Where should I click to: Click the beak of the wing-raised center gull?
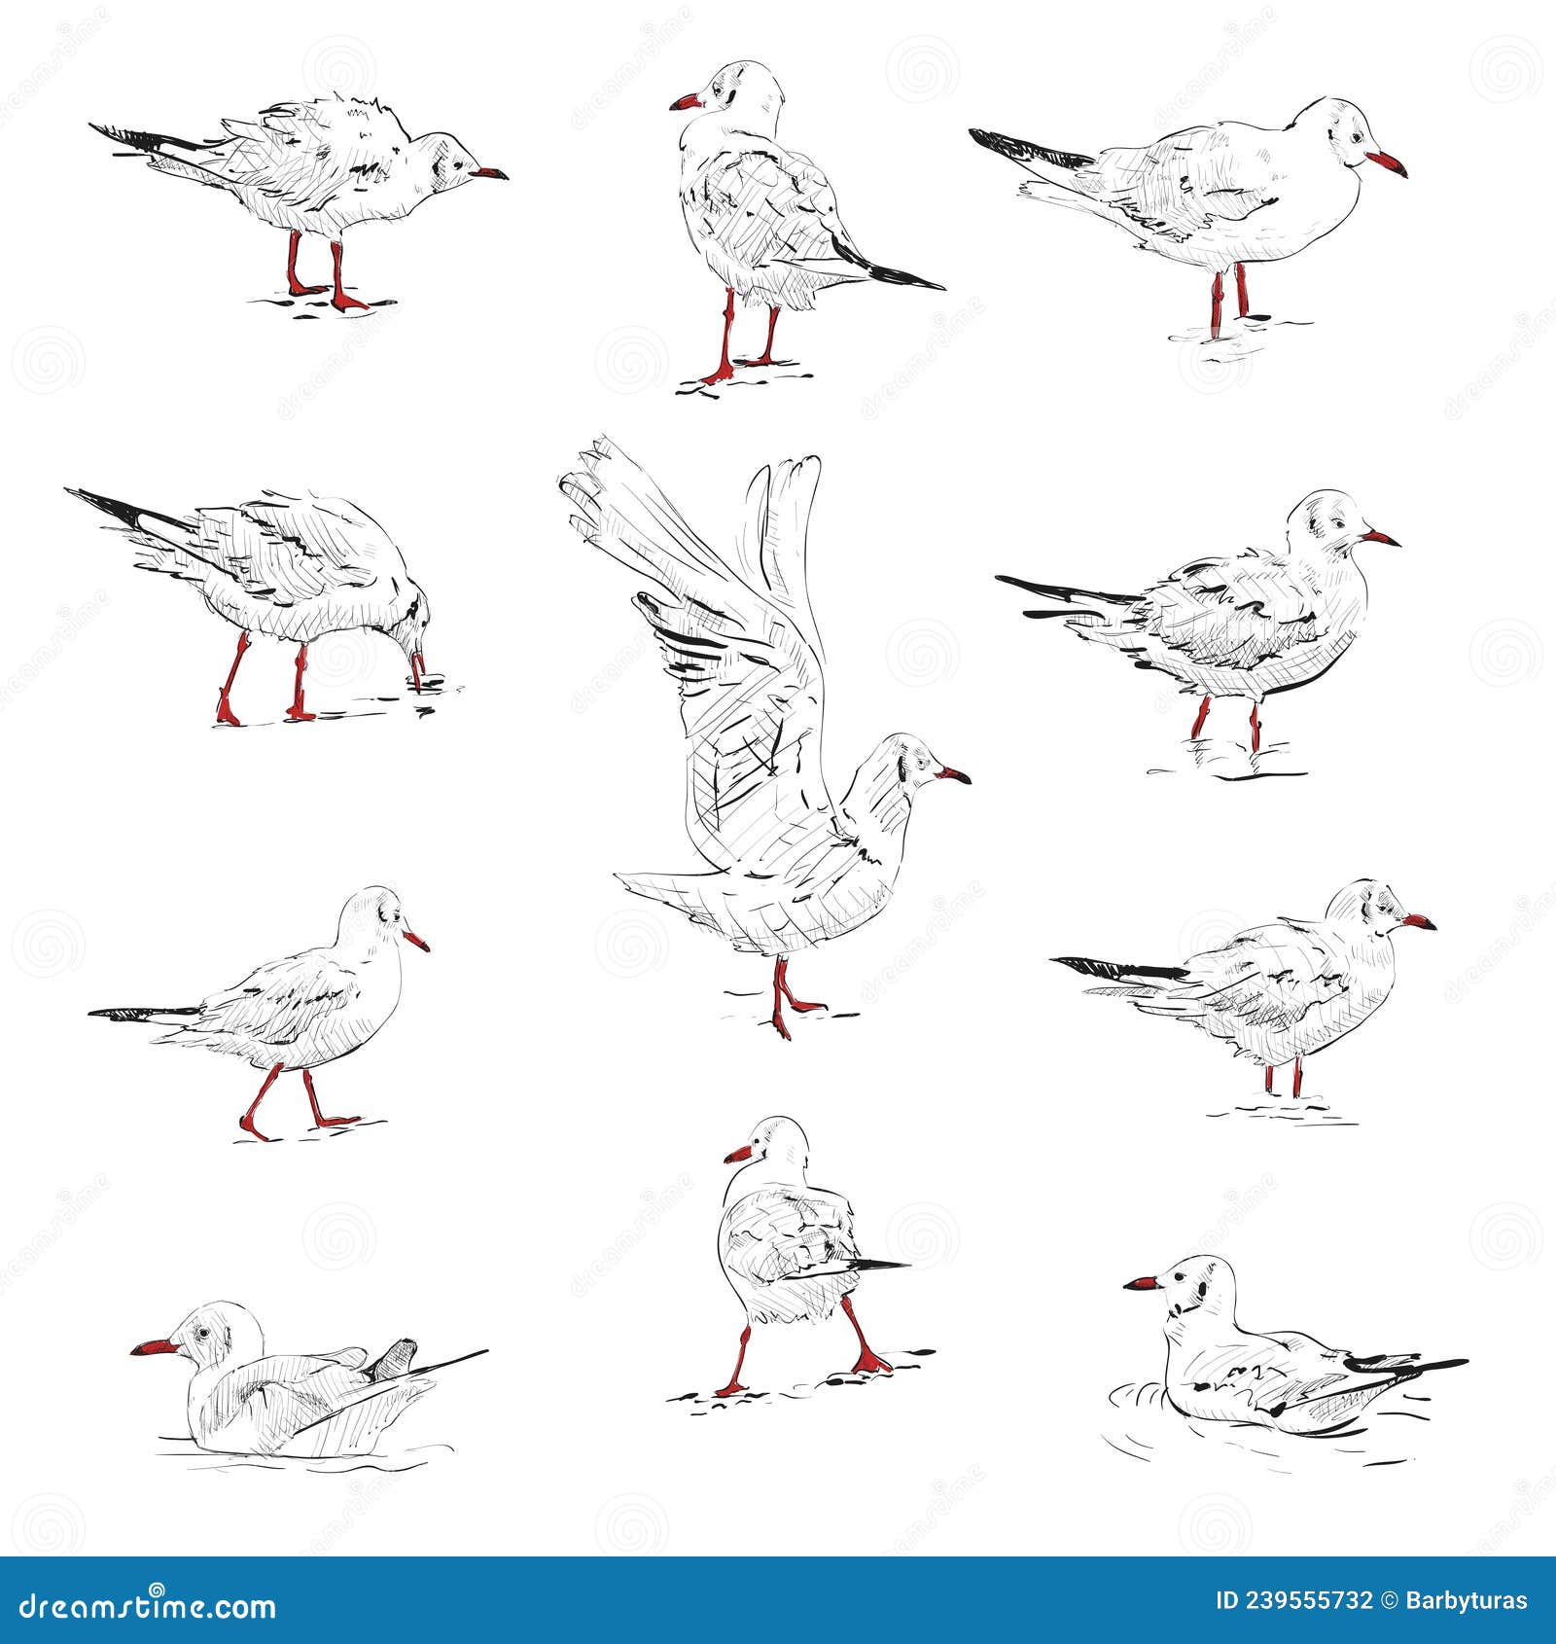954,775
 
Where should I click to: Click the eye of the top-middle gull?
719,90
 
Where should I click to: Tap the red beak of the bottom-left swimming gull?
154,1347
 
